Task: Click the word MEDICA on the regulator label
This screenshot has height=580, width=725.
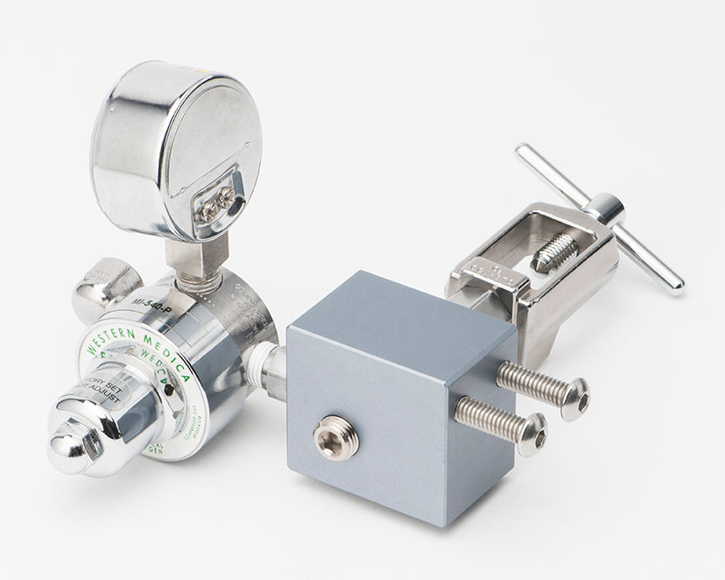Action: tap(171, 350)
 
